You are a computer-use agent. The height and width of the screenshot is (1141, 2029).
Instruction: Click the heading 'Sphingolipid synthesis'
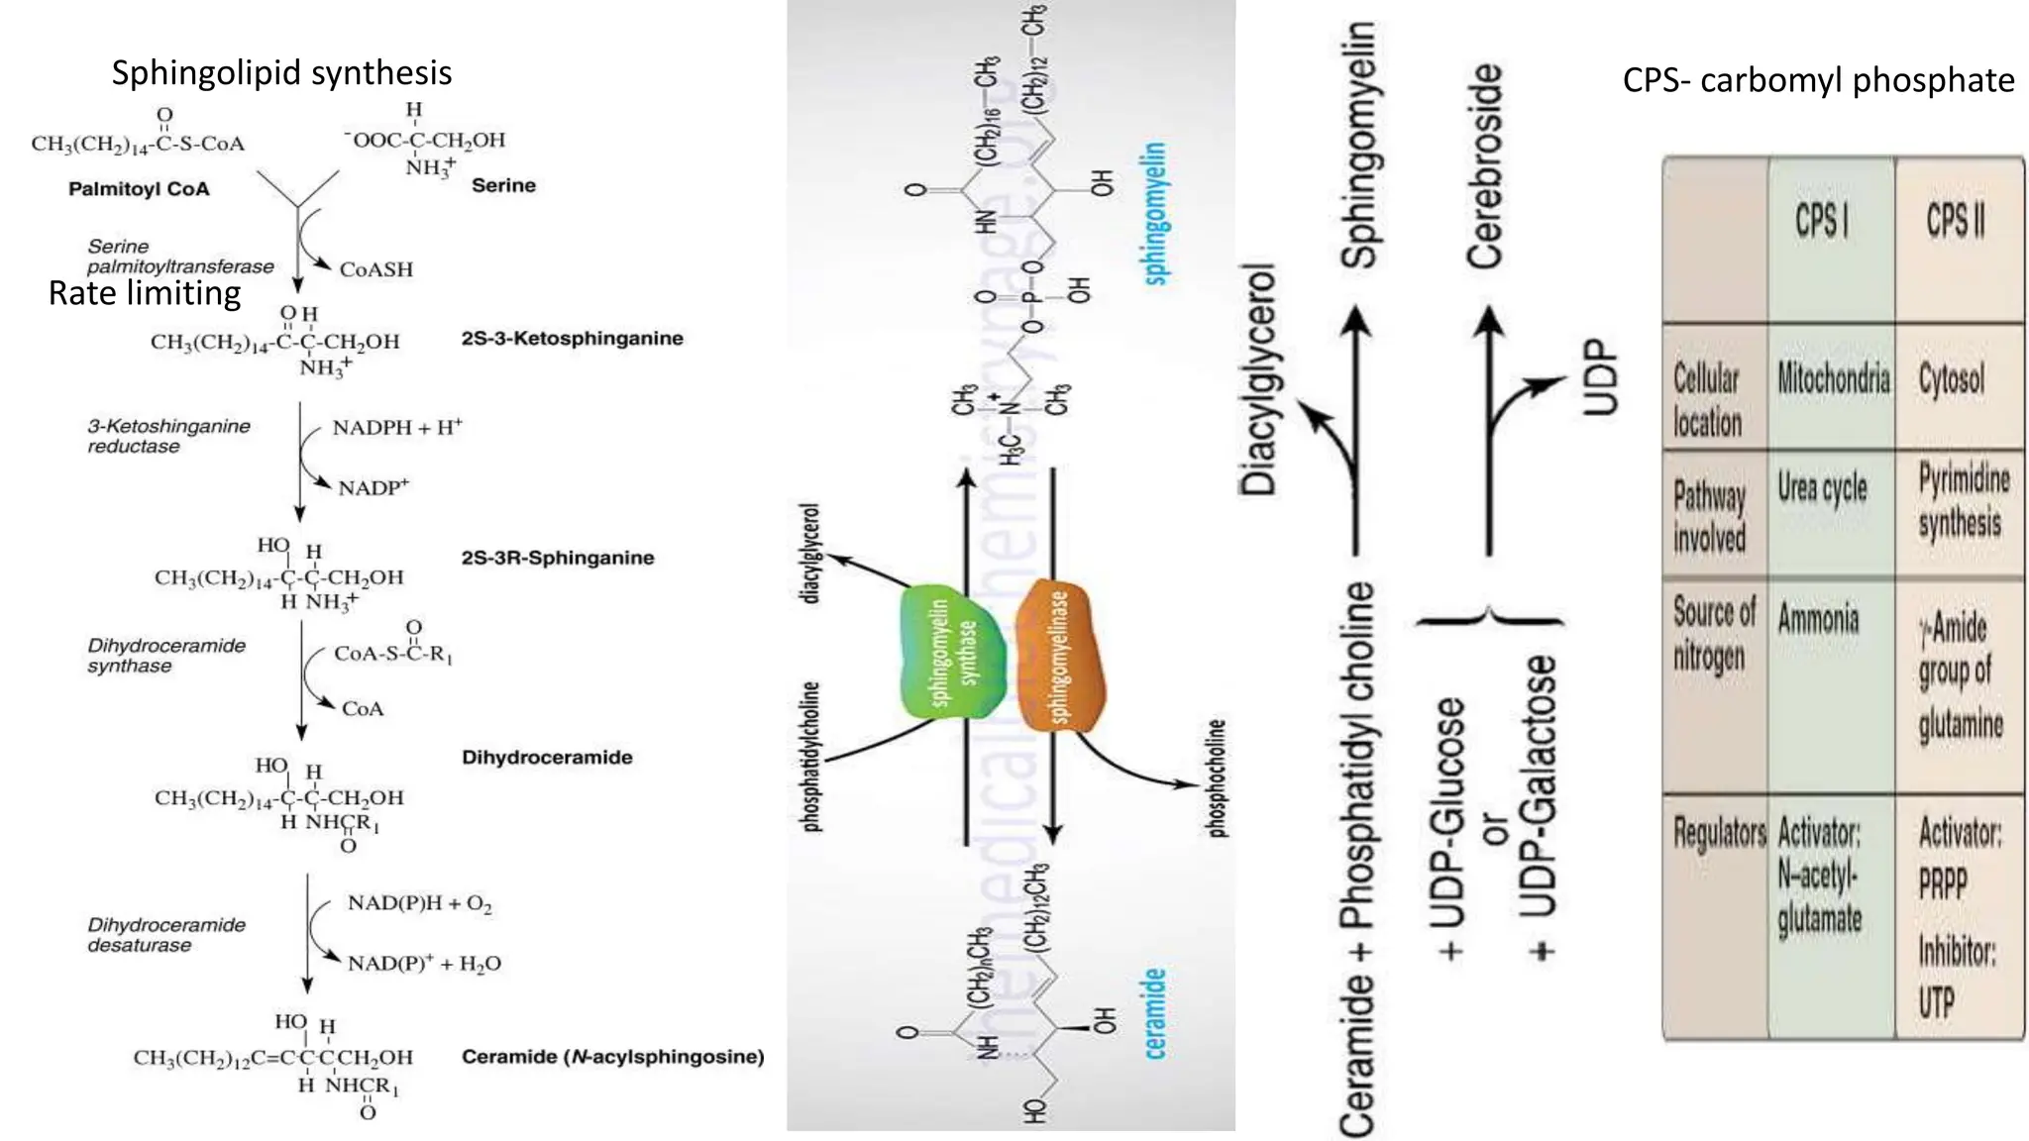[281, 72]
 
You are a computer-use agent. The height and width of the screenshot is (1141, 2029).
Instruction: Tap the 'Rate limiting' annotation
[145, 293]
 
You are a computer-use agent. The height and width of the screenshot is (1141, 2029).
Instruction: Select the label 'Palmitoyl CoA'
[139, 189]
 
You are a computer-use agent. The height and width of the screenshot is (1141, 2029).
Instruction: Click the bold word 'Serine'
[503, 185]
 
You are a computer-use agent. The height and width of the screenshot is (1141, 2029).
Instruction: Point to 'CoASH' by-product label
[375, 269]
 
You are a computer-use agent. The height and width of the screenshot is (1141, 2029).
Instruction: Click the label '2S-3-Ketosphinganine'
[572, 338]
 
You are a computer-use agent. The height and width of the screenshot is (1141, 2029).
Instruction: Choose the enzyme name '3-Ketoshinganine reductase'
[168, 436]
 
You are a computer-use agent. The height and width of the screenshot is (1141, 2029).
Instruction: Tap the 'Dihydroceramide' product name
[547, 758]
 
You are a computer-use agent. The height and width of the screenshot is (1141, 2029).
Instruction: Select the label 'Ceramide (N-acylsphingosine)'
[612, 1057]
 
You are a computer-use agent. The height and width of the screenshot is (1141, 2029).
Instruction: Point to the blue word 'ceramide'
[1155, 1013]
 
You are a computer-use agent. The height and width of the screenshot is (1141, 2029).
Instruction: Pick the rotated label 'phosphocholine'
[1218, 778]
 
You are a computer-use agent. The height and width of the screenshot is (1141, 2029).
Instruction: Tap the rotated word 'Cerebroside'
[1484, 166]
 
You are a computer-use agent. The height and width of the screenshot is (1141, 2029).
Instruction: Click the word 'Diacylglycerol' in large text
[1259, 379]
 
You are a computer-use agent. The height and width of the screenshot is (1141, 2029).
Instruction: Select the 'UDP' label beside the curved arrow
[1599, 377]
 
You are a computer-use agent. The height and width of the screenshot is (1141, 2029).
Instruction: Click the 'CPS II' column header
[1955, 220]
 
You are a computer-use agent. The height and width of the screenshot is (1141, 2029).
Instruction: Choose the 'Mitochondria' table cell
[1833, 378]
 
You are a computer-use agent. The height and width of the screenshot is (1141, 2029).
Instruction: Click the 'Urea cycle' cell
[1822, 488]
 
